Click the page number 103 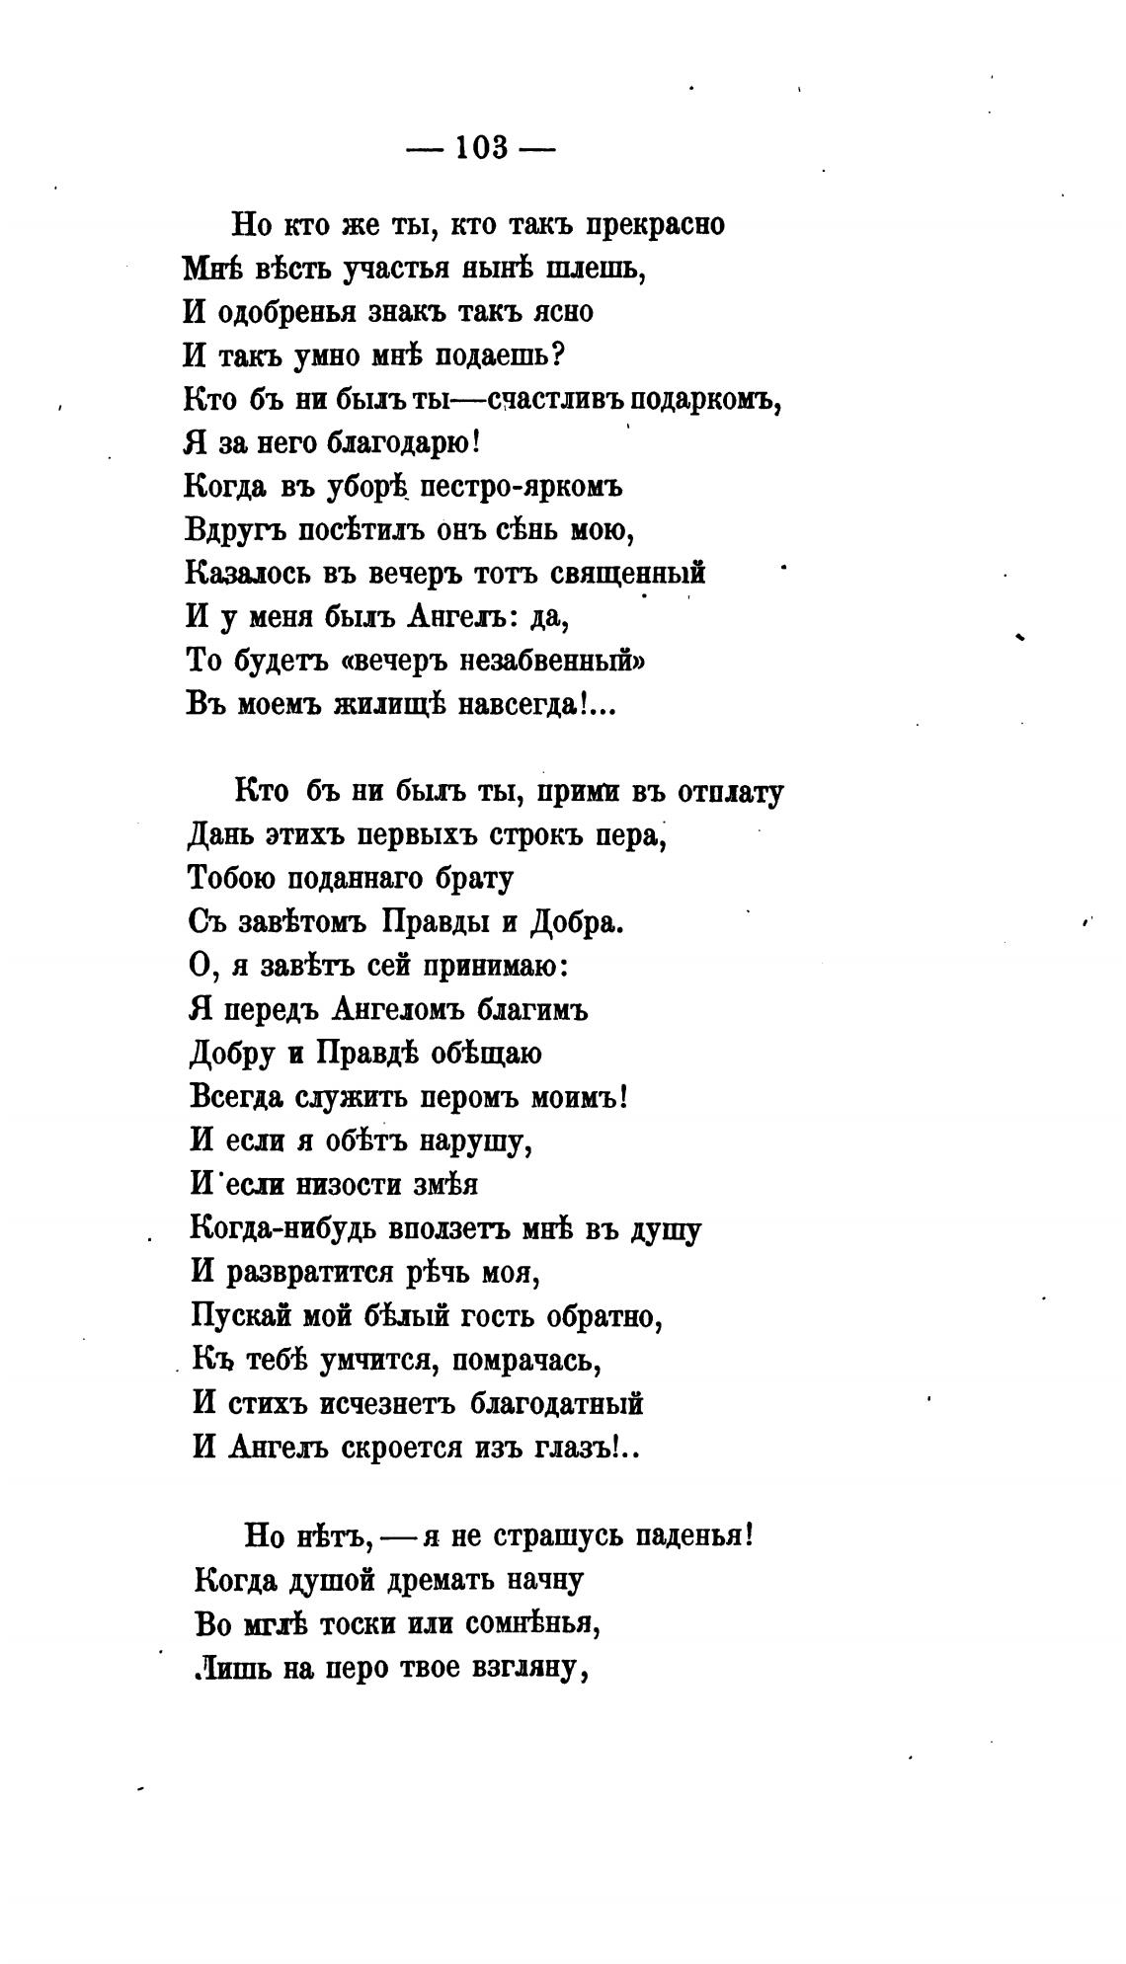coord(481,148)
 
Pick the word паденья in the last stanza coord(693,1536)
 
